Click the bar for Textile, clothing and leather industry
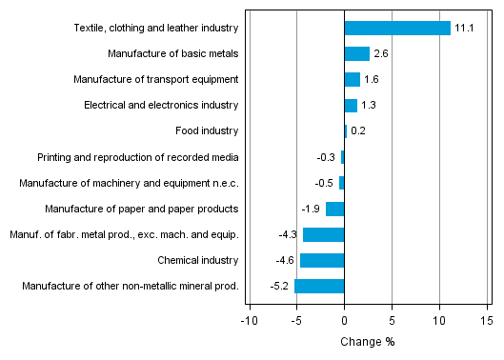(x=396, y=28)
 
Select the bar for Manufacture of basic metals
(x=356, y=53)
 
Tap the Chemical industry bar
(x=322, y=260)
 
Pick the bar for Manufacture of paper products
(x=334, y=209)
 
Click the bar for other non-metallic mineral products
(x=319, y=286)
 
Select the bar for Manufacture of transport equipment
(x=352, y=79)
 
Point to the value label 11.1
(x=464, y=28)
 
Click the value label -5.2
(x=279, y=286)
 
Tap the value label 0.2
(x=359, y=131)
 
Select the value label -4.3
(x=288, y=234)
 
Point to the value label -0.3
(x=325, y=157)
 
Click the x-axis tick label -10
(x=249, y=321)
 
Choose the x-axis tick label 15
(x=486, y=321)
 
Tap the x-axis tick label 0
(x=344, y=321)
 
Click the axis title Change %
(x=368, y=342)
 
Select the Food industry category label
(x=207, y=130)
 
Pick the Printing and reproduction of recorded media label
(x=137, y=156)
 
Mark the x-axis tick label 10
(x=438, y=321)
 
